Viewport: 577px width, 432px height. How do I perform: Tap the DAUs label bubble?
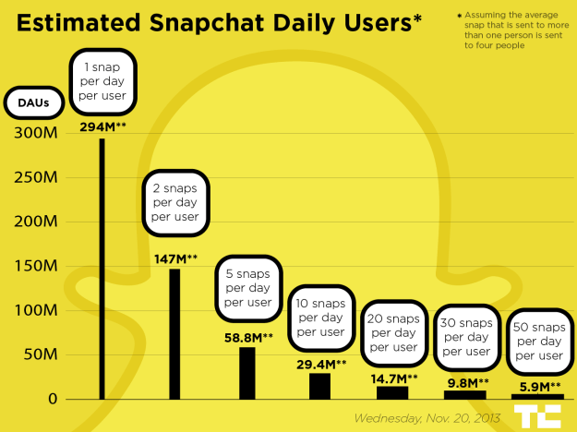(33, 103)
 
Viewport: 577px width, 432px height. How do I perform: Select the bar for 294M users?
(102, 269)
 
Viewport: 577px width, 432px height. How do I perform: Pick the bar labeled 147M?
(174, 333)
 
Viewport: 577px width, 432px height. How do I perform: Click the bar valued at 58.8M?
(247, 373)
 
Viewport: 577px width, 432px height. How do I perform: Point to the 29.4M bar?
(319, 386)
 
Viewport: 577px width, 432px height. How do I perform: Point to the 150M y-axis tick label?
(35, 266)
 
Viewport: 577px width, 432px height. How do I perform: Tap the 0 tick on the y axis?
(54, 399)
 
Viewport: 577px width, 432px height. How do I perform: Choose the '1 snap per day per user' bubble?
(102, 80)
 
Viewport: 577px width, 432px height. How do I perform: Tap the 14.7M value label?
(392, 378)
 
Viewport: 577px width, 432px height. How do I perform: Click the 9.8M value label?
(465, 381)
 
